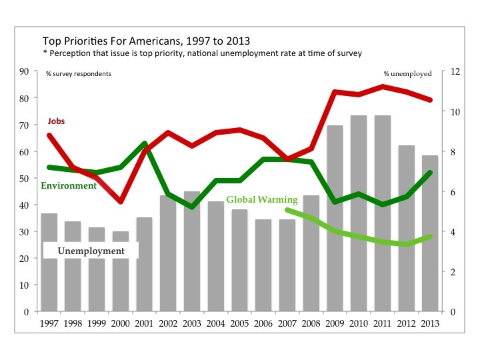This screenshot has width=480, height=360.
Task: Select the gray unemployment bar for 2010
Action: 359,213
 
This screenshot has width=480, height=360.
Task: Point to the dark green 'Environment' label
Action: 69,185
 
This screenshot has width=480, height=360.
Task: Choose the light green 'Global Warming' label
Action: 261,199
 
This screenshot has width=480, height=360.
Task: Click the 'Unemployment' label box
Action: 91,251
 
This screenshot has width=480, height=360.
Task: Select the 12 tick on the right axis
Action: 453,71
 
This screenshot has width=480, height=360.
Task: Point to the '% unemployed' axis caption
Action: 407,73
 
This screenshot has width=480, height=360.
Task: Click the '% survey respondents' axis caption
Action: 78,73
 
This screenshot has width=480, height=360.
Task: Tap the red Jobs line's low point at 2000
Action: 120,201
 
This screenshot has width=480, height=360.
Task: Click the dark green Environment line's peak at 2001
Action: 144,143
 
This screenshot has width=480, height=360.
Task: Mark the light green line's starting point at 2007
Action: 287,210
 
